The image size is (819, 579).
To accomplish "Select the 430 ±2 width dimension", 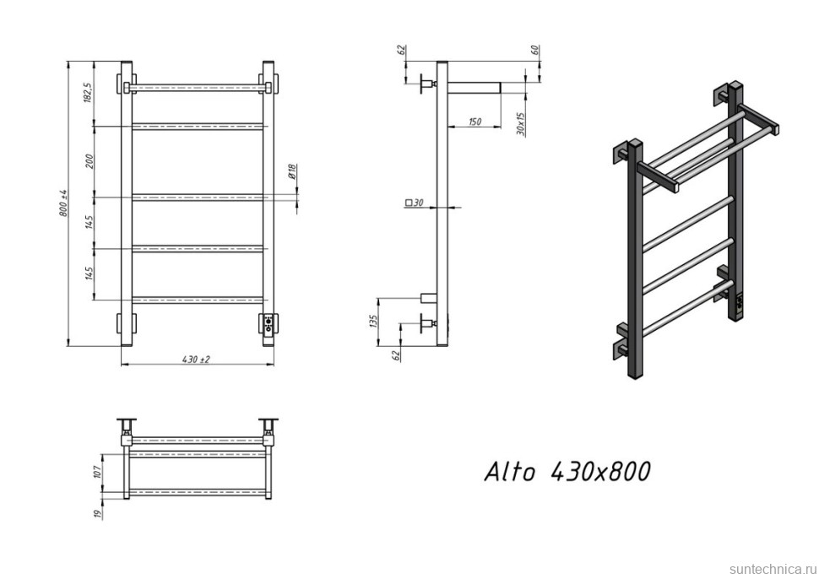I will pos(196,359).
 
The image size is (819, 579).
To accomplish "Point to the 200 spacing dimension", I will pos(88,160).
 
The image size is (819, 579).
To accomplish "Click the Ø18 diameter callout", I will pos(291,173).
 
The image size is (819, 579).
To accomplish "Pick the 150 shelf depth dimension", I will pos(474,122).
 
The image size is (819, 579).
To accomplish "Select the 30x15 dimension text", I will pos(521,124).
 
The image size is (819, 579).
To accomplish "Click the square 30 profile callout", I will pos(414,203).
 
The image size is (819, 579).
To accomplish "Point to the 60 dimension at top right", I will pos(534,50).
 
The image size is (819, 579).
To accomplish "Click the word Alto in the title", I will pos(509,472).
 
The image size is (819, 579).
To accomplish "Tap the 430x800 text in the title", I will pos(600,471).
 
